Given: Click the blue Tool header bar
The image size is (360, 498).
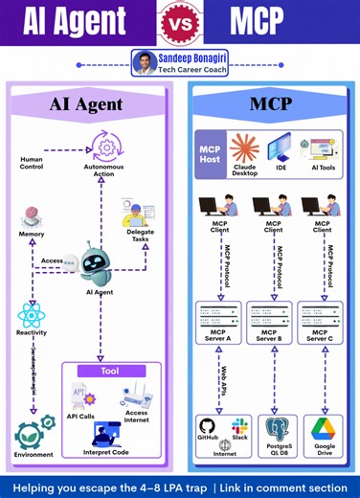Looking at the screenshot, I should pos(109,371).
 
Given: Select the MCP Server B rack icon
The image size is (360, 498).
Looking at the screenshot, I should pos(273,313).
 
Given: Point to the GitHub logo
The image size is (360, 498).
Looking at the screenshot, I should pos(208,426).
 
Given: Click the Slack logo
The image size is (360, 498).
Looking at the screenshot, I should pos(239,425).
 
